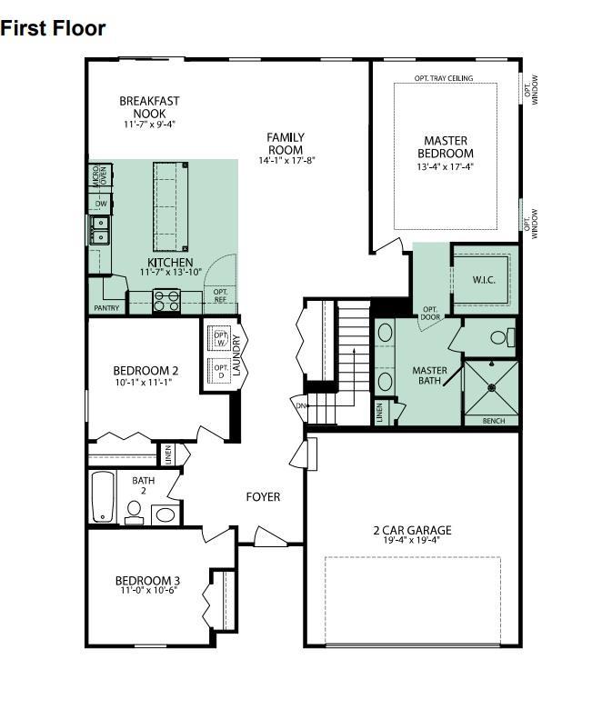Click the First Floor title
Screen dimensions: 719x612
53,28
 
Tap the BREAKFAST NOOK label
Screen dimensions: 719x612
149,107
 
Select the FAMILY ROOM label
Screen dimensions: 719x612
286,144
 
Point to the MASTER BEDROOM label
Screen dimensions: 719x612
446,147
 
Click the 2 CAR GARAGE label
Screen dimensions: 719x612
412,531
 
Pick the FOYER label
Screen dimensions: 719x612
264,497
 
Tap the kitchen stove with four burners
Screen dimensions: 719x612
166,300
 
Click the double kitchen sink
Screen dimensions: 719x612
99,230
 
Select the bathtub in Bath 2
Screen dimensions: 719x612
102,496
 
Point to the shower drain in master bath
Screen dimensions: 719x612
491,387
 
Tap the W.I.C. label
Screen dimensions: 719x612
484,280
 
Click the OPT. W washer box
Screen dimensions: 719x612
220,338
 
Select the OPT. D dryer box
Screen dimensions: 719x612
220,370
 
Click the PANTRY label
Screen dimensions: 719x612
106,308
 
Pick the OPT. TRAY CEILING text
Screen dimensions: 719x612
444,78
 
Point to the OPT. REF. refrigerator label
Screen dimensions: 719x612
220,295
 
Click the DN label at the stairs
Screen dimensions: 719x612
300,405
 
